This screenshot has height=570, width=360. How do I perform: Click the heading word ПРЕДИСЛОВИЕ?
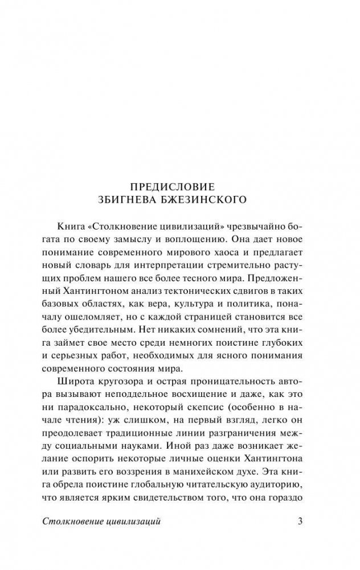point(179,187)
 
